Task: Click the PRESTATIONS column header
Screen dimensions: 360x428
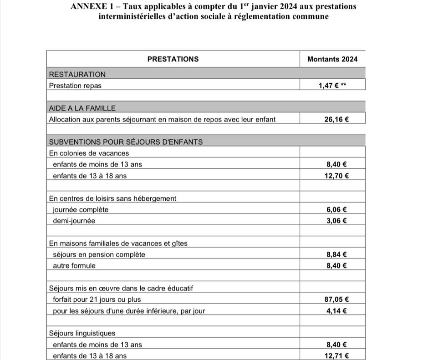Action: coord(173,59)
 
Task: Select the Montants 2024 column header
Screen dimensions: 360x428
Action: coord(332,59)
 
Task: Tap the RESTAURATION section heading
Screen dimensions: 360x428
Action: coord(77,74)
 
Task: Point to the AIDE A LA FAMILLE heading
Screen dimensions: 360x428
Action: coord(82,108)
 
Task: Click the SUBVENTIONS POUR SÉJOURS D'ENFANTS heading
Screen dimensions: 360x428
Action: coord(126,142)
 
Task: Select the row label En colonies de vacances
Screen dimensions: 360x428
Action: coord(89,153)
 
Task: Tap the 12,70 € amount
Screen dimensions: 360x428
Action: coord(336,176)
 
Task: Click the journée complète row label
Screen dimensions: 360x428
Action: coord(81,210)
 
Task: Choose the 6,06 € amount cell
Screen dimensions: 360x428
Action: coord(336,210)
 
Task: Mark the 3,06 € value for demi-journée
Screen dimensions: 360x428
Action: coord(336,221)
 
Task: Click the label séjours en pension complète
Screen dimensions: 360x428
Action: coord(99,254)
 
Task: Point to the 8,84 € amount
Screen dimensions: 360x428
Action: coord(336,254)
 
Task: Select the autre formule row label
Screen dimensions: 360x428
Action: coord(74,266)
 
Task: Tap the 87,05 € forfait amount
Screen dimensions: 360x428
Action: coord(336,299)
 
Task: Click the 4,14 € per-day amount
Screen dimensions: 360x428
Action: coord(336,311)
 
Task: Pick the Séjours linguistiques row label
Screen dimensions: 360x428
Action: coord(82,333)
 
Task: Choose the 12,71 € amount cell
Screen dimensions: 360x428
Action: coord(336,356)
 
